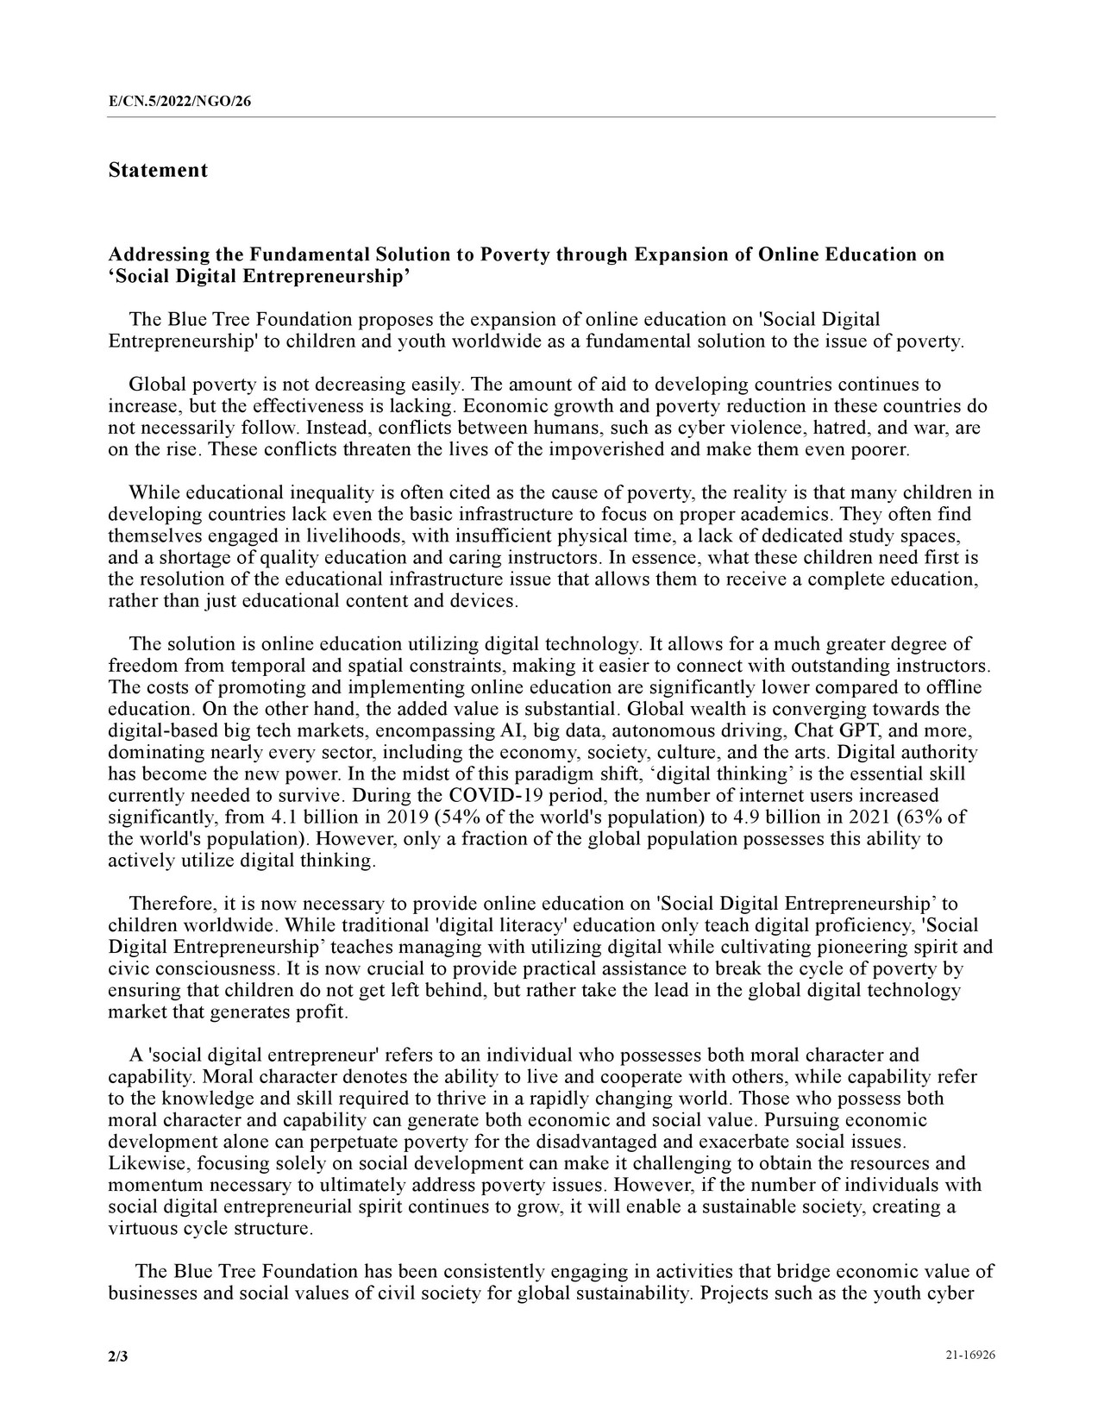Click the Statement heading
coord(158,170)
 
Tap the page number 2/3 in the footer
coord(117,1356)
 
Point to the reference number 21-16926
coord(970,1356)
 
